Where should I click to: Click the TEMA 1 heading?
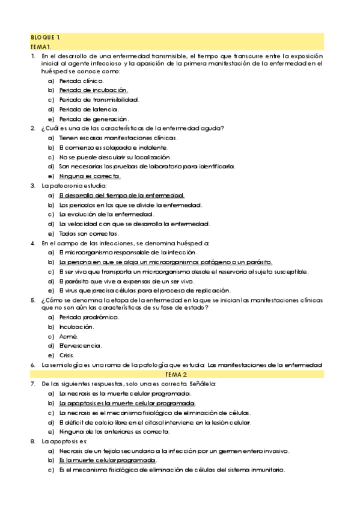tap(44, 46)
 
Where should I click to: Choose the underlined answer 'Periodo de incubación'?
tap(94, 90)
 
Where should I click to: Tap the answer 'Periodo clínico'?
tap(81, 80)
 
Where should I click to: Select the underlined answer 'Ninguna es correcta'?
tap(90, 176)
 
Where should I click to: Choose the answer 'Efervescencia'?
tap(81, 346)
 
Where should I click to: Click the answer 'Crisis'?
tap(67, 355)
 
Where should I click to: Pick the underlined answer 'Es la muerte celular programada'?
tap(103, 460)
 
